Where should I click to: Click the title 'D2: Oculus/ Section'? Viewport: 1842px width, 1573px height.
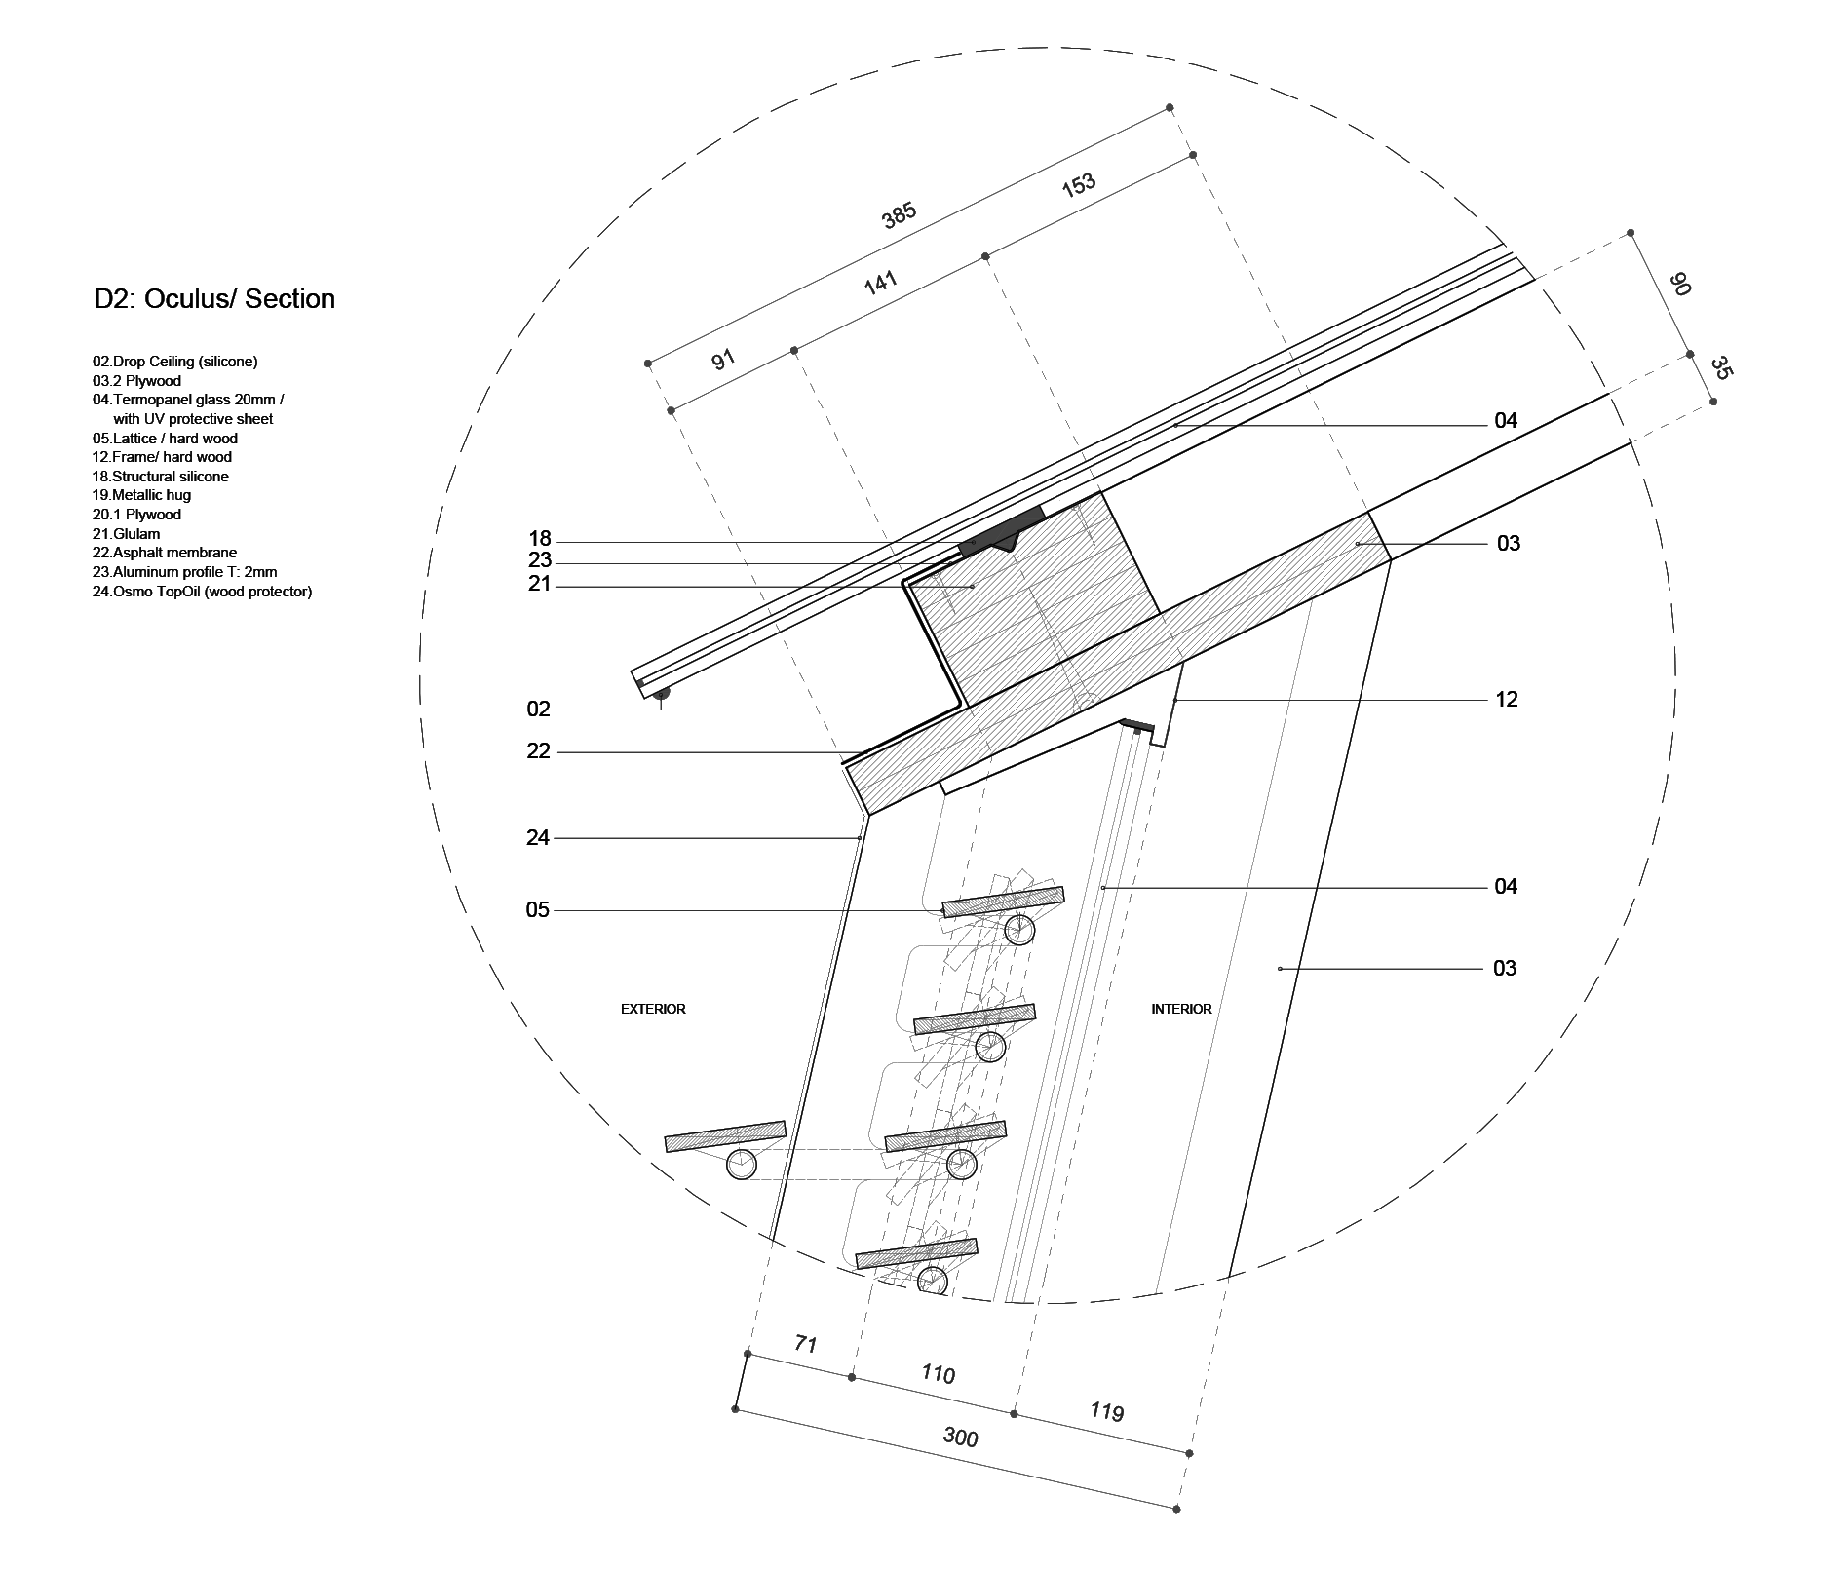click(x=214, y=299)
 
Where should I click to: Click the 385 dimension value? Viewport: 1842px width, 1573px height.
click(x=899, y=215)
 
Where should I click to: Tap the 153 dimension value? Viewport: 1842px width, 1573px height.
click(x=1079, y=185)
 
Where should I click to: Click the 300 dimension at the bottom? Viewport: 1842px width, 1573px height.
click(x=960, y=1437)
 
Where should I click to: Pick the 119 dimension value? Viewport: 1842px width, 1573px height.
click(x=1107, y=1411)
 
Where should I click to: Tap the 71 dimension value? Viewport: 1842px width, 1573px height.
click(x=805, y=1344)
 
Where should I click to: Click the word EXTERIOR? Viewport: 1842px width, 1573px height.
click(x=653, y=1009)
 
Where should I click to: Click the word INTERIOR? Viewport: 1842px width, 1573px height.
click(x=1181, y=1009)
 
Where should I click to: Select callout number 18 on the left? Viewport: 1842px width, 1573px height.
click(x=539, y=539)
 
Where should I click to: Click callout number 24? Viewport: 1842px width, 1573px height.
click(x=538, y=837)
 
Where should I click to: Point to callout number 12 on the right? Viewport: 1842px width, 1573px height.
click(x=1506, y=700)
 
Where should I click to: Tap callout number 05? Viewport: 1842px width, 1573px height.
click(x=538, y=910)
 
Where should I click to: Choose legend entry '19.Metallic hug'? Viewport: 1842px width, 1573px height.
click(x=142, y=495)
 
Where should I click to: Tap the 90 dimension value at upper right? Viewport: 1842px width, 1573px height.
click(x=1679, y=285)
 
